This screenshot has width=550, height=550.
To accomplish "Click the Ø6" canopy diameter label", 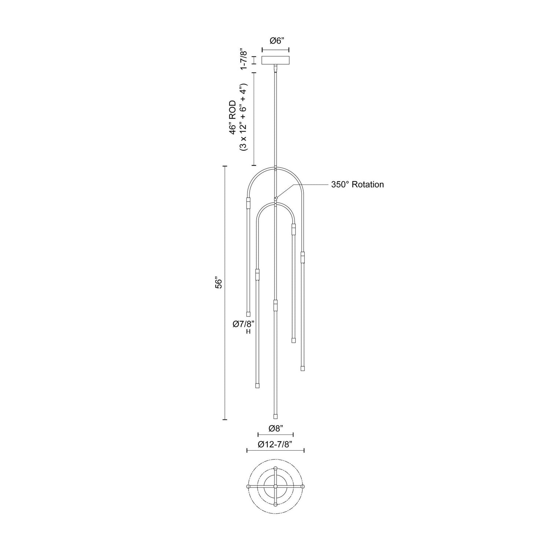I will pos(275,41).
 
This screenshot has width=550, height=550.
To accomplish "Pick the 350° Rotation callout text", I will pos(357,184).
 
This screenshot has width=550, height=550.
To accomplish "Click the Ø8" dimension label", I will pos(275,428).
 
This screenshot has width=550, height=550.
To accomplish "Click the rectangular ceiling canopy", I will pos(275,60).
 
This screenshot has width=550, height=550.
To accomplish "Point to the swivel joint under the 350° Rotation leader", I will pos(276,198).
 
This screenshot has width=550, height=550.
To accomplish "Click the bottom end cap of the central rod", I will pos(275,417).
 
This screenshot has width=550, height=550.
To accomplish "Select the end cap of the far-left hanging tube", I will pos(248,314).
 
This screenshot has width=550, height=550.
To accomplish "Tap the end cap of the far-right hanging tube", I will pos(302,368).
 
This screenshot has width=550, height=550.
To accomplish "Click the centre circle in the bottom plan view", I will pos(275,486).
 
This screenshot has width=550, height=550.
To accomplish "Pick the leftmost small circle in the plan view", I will pos(248,486).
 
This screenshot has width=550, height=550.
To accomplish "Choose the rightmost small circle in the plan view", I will pos(303,486).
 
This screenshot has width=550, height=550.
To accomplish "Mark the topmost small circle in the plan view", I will pos(275,468).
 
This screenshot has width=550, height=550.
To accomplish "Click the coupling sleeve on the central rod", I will pos(275,305).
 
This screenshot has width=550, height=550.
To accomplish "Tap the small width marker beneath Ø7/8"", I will pos(248,331).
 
